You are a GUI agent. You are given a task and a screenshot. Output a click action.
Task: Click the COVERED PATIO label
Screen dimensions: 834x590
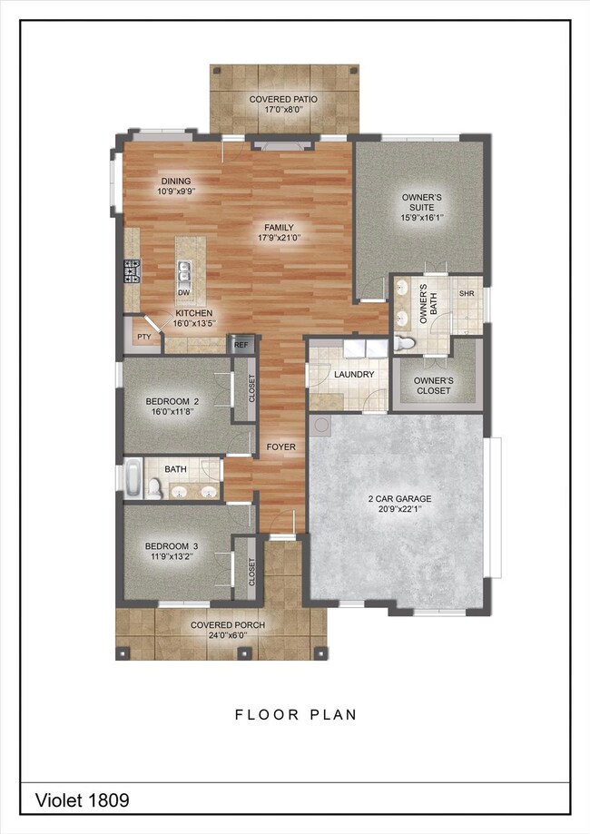pos(280,99)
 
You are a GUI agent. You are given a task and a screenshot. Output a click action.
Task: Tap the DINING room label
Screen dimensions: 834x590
pos(175,181)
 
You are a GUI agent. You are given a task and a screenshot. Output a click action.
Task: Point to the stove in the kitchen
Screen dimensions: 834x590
pos(133,270)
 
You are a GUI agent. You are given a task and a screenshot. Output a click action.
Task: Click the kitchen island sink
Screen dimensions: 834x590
pos(185,270)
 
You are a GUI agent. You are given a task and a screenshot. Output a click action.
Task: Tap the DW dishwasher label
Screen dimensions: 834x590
pos(183,292)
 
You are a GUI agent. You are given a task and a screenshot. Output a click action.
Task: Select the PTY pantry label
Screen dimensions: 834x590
pos(143,336)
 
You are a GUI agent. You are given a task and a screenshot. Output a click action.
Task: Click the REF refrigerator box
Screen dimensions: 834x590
pos(241,344)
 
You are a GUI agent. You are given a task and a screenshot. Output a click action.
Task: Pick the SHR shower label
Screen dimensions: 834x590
pos(467,294)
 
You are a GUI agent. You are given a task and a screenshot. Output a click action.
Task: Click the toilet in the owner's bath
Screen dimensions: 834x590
pos(404,344)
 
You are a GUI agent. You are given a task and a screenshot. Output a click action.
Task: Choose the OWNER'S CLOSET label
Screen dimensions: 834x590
pos(433,386)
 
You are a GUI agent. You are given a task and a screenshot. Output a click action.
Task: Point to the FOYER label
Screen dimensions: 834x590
pos(280,447)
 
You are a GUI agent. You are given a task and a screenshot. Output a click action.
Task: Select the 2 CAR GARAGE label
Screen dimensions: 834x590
pos(399,499)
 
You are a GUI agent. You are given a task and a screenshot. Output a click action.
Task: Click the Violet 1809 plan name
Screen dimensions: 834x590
pos(83,800)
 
